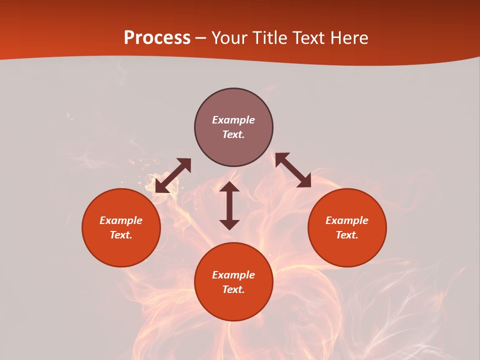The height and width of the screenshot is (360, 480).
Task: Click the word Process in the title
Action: tap(157, 38)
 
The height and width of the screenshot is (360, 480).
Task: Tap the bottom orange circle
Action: tap(233, 305)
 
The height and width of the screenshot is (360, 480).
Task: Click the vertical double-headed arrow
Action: tap(229, 205)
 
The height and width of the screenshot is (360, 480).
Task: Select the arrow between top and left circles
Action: tap(173, 175)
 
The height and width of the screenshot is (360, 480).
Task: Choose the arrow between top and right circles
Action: tap(293, 170)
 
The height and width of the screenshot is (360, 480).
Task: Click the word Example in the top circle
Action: tap(233, 120)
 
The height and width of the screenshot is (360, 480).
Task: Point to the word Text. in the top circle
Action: tap(233, 134)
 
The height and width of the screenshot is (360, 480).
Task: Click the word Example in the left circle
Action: tap(121, 220)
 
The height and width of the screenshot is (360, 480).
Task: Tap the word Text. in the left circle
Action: tap(121, 235)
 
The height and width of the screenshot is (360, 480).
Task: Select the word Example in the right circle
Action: tap(347, 220)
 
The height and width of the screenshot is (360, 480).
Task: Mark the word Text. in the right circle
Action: tap(347, 235)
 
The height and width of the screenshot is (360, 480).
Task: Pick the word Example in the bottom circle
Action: tap(233, 275)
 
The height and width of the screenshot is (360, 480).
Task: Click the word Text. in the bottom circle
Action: tap(233, 289)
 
